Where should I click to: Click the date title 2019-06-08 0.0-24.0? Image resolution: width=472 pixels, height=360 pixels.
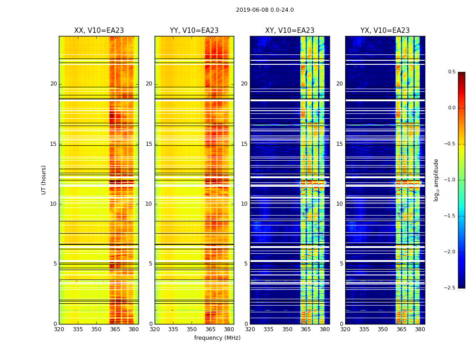pyautogui.click(x=265, y=10)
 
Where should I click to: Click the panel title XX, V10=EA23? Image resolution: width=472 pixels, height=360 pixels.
pyautogui.click(x=99, y=31)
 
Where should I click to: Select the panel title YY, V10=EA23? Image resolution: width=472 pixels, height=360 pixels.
pyautogui.click(x=194, y=31)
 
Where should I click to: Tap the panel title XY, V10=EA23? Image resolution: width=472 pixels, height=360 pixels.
pyautogui.click(x=289, y=31)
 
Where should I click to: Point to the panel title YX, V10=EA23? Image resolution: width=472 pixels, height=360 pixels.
pyautogui.click(x=385, y=31)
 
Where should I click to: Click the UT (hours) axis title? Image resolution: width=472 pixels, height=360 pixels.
pyautogui.click(x=44, y=180)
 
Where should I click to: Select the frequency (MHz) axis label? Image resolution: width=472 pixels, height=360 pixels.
pyautogui.click(x=217, y=338)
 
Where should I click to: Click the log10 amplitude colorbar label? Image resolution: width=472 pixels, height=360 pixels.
pyautogui.click(x=436, y=180)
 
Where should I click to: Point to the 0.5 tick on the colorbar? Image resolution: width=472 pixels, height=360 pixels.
pyautogui.click(x=451, y=72)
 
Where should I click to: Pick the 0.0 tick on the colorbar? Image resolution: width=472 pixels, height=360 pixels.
pyautogui.click(x=451, y=108)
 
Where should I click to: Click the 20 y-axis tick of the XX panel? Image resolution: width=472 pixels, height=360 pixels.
pyautogui.click(x=53, y=84)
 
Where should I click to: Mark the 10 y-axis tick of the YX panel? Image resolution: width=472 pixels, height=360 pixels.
pyautogui.click(x=340, y=204)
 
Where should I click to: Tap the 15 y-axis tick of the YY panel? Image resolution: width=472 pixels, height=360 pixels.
pyautogui.click(x=149, y=144)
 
